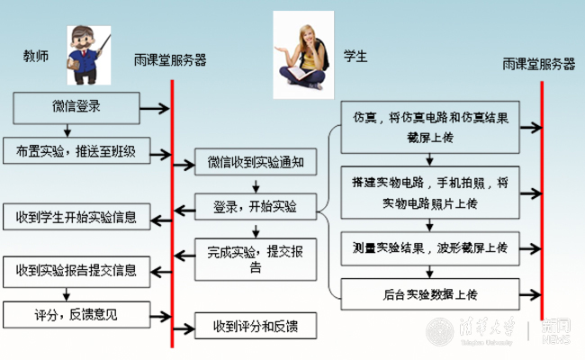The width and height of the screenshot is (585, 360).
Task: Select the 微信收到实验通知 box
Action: [x=256, y=164]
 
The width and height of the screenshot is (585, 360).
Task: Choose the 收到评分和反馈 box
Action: [x=256, y=325]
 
